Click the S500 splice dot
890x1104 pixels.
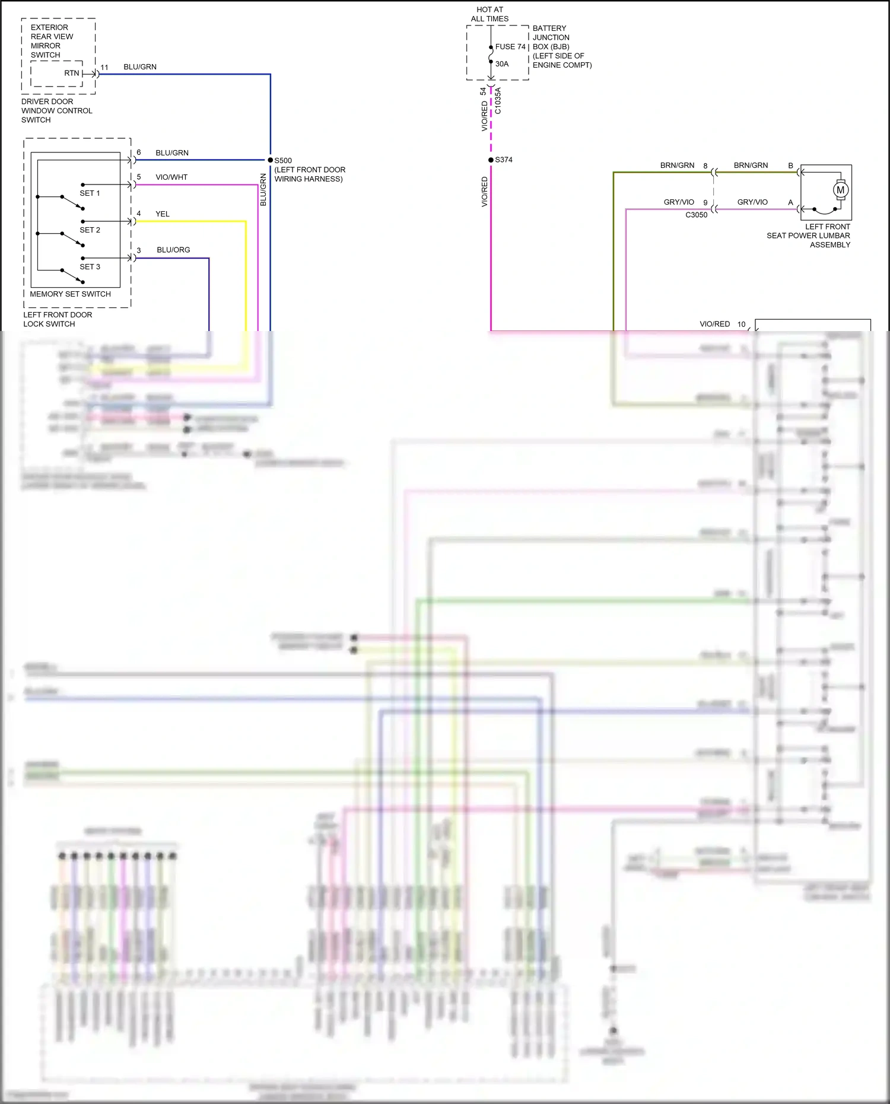[270, 160]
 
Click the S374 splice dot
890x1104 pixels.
[491, 160]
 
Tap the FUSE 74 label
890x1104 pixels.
[510, 47]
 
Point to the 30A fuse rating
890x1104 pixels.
[502, 64]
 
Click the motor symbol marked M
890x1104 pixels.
[840, 190]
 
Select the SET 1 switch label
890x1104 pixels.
[90, 193]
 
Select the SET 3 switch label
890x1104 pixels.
[90, 267]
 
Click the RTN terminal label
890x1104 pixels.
[71, 74]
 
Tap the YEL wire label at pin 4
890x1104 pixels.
[162, 214]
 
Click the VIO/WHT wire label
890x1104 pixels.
[171, 177]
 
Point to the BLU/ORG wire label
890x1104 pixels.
[173, 250]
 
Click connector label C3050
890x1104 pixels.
[696, 215]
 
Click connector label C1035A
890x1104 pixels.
[498, 101]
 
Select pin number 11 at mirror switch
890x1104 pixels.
[104, 68]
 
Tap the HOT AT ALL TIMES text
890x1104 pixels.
[490, 14]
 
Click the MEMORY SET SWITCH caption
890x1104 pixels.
[70, 294]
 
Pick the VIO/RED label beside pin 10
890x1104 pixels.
[714, 324]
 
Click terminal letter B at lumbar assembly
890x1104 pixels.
[790, 166]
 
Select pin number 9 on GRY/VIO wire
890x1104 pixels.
[705, 203]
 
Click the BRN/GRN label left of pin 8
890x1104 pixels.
[677, 166]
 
